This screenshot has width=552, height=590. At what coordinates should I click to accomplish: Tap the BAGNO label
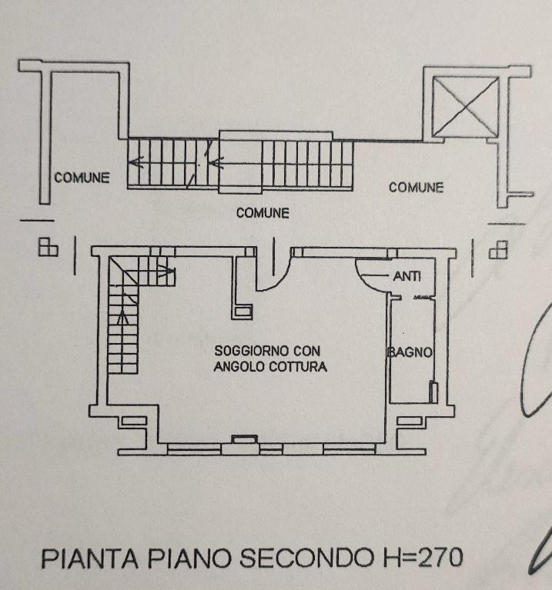410,352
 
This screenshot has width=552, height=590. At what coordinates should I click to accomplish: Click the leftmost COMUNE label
82,178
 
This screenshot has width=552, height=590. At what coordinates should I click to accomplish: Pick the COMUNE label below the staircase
263,213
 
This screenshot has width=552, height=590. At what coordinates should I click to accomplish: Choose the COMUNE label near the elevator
416,187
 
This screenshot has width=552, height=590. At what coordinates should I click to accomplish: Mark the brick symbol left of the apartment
48,247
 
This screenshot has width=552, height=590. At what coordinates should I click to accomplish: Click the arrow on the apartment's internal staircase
163,270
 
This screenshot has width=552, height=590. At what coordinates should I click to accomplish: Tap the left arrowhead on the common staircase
135,162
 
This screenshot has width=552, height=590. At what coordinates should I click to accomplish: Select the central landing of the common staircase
240,162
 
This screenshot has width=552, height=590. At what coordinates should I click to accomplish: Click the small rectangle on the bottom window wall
245,440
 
